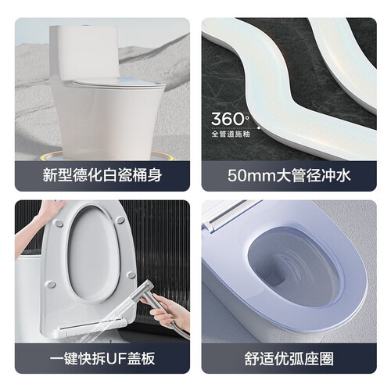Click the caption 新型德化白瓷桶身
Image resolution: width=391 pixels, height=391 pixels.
pos(102,175)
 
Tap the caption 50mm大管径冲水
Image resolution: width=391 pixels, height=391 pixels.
pos(289,175)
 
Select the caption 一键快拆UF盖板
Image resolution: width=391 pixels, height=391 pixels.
pos(102,358)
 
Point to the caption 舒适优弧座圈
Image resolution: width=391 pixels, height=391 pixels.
pos(289,358)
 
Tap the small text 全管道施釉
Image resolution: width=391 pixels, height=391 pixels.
pos(231,134)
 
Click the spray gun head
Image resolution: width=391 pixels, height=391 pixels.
pos(143,292)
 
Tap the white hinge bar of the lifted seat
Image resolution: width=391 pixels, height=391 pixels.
pos(91,328)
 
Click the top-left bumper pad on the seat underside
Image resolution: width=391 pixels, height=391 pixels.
pos(59,223)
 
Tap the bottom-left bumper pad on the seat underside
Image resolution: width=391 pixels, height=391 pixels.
pos(50,284)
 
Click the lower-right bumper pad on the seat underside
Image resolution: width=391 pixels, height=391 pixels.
pos(131,274)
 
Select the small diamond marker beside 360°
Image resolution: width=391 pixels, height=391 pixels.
pos(259,128)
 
